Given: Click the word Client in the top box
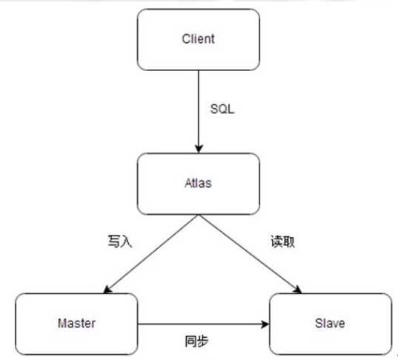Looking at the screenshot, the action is tap(198, 39).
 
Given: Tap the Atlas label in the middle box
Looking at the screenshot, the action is tap(198, 183).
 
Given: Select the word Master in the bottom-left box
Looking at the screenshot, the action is tap(76, 323).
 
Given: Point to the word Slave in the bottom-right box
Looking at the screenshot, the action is tap(330, 323).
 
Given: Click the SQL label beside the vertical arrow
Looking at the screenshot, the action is tap(222, 109).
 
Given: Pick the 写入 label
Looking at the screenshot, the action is tap(120, 241).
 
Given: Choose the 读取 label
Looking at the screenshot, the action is tap(282, 241).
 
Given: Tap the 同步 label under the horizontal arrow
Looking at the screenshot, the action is tap(196, 341).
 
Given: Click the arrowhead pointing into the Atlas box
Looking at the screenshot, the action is tap(199, 149).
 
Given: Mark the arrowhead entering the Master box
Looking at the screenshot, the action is tap(107, 290).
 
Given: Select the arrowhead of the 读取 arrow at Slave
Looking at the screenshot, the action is tap(298, 290).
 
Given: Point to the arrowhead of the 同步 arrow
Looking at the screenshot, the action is tap(265, 324).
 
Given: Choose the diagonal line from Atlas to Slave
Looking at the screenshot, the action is tap(251, 254).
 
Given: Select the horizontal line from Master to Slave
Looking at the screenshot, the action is tap(203, 324).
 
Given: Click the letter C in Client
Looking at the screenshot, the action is tap(186, 39).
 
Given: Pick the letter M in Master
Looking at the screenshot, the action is tap(62, 323).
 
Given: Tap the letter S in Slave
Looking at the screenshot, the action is tap(319, 323).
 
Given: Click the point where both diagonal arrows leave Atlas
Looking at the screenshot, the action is tap(199, 215).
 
